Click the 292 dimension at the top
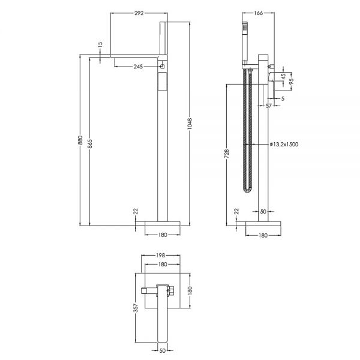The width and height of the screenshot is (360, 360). pos(139,13)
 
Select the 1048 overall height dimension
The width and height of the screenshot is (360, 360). pos(190,124)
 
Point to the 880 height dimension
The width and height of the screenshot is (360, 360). pos(80,140)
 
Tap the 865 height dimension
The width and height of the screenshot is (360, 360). pos(90,143)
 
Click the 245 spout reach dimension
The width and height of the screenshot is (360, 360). pos(138,67)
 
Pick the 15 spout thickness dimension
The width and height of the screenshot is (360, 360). pos(100,44)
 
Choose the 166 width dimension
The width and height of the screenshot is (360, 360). pos(258,13)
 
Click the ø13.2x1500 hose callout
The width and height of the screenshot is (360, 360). pos(284,145)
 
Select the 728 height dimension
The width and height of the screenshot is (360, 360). pos(227,154)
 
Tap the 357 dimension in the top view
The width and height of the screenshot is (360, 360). pos(136,308)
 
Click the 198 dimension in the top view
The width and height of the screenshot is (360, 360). pos(161,255)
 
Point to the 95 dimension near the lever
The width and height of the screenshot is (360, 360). pos(292,82)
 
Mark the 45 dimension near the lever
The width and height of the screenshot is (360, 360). pos(283,76)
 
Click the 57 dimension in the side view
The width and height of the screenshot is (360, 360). pos(269,106)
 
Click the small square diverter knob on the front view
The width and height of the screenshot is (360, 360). pos(163,67)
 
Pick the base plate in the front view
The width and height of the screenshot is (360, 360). pos(163,223)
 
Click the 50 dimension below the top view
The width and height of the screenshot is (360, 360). pos(163,350)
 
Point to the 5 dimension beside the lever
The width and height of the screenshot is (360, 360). pos(283,98)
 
